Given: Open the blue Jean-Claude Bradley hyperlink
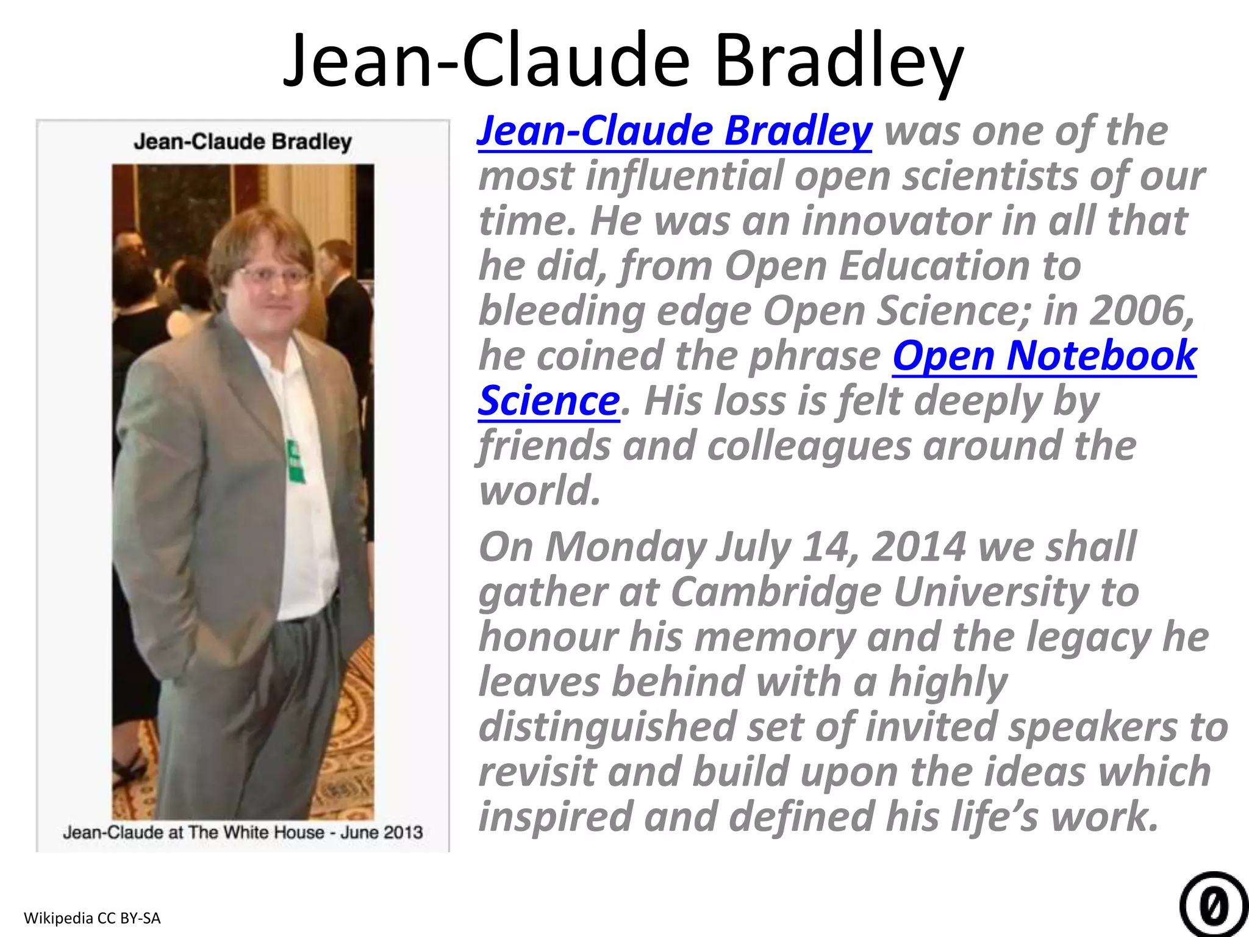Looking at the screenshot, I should point(674,131).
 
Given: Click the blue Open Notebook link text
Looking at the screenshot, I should point(1044,356).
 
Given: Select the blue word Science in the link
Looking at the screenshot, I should point(549,401).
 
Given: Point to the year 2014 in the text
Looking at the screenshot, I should point(919,547).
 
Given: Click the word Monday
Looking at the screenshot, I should point(626,547).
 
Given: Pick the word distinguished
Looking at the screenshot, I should point(606,727).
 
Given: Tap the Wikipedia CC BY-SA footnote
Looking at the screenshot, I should point(92,917).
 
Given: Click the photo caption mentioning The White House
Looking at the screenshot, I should point(243,833).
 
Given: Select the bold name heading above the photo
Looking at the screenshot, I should point(243,142).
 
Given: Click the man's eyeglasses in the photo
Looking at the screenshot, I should point(274,276).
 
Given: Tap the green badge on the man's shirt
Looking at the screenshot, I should point(295,461).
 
